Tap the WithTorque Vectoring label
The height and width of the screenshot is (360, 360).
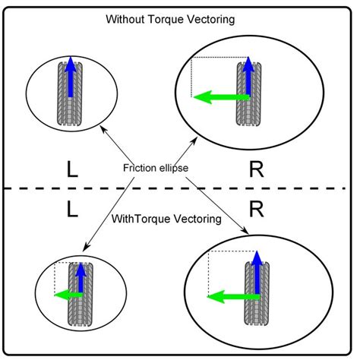tap(166, 219)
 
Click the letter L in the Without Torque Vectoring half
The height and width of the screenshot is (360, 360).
tap(72, 170)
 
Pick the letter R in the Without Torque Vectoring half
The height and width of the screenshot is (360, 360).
tap(257, 170)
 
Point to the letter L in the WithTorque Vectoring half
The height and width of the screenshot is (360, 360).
tap(72, 207)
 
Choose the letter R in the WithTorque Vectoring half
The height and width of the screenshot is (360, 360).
tap(257, 207)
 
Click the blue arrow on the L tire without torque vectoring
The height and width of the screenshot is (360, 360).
tap(69, 76)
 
